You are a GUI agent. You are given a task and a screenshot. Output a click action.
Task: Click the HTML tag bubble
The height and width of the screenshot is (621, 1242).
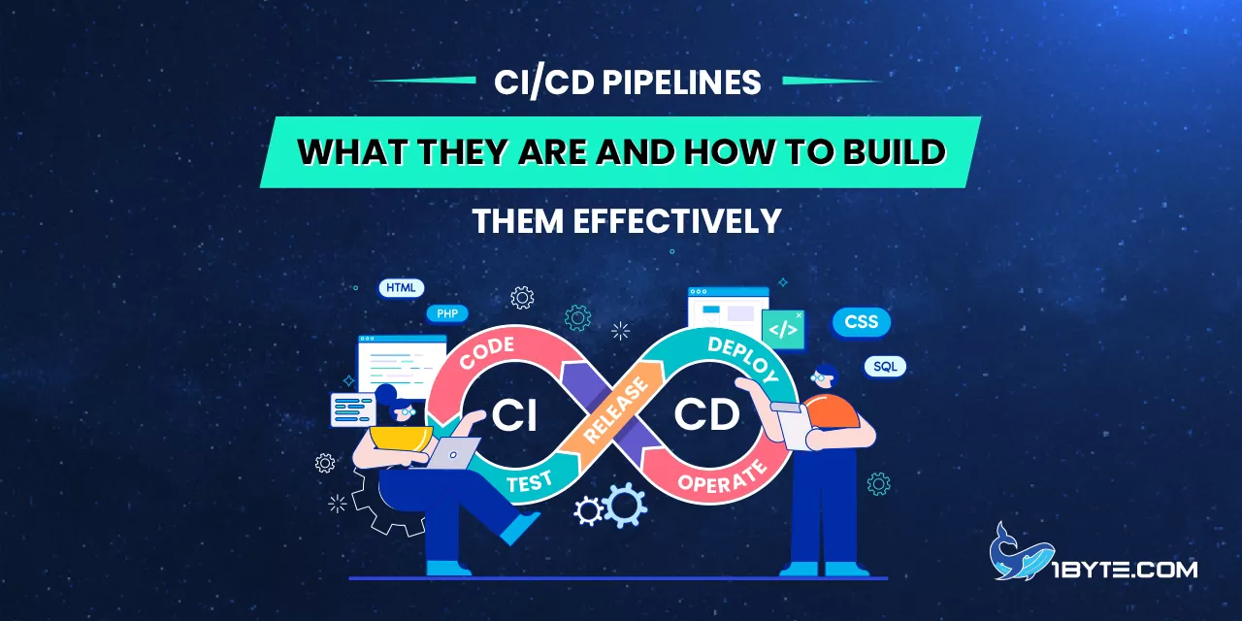coord(400,288)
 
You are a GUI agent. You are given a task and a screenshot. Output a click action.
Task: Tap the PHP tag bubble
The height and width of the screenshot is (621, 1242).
coord(447,313)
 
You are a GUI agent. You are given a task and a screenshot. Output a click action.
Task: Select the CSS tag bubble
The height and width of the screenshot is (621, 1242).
coord(861,322)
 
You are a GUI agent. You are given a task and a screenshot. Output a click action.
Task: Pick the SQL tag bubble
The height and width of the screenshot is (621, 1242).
coord(885,367)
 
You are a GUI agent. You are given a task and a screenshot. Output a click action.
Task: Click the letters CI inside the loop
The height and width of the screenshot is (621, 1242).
coord(514,415)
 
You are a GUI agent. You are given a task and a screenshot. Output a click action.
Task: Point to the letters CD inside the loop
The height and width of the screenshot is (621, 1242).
coord(706,415)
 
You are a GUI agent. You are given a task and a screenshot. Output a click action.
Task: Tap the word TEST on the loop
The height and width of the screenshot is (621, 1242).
coord(530,481)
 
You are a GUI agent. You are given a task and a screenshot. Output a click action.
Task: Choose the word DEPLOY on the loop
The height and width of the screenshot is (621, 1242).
coord(743,358)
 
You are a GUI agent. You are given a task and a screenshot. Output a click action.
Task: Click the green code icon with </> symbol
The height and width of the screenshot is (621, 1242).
coord(783,329)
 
